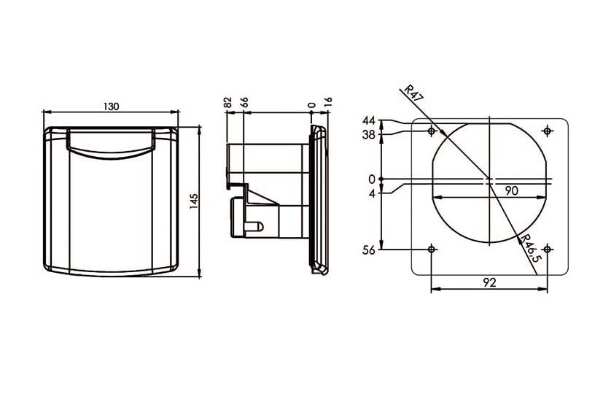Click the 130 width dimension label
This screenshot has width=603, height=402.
(x=112, y=107)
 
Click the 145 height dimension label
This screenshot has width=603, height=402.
(x=194, y=201)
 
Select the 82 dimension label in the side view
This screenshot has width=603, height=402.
(x=227, y=102)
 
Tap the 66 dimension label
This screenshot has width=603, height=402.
(x=244, y=102)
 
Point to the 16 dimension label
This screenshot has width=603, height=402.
(x=328, y=102)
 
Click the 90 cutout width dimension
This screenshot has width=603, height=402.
(x=511, y=190)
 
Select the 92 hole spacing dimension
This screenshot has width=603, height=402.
(x=489, y=283)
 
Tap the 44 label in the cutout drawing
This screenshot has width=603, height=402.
(x=368, y=121)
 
